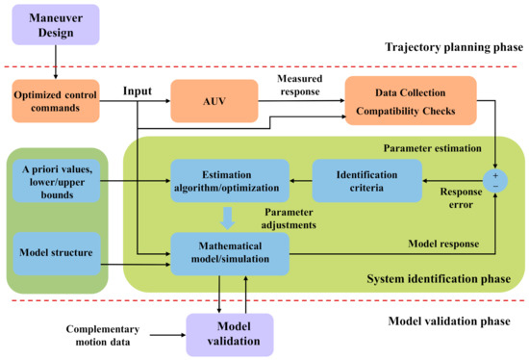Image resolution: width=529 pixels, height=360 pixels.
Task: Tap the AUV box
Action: pos(214,100)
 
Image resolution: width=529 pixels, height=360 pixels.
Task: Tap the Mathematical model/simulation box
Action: pos(228,252)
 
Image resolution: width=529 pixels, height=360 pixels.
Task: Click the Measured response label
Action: pos(301,83)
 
